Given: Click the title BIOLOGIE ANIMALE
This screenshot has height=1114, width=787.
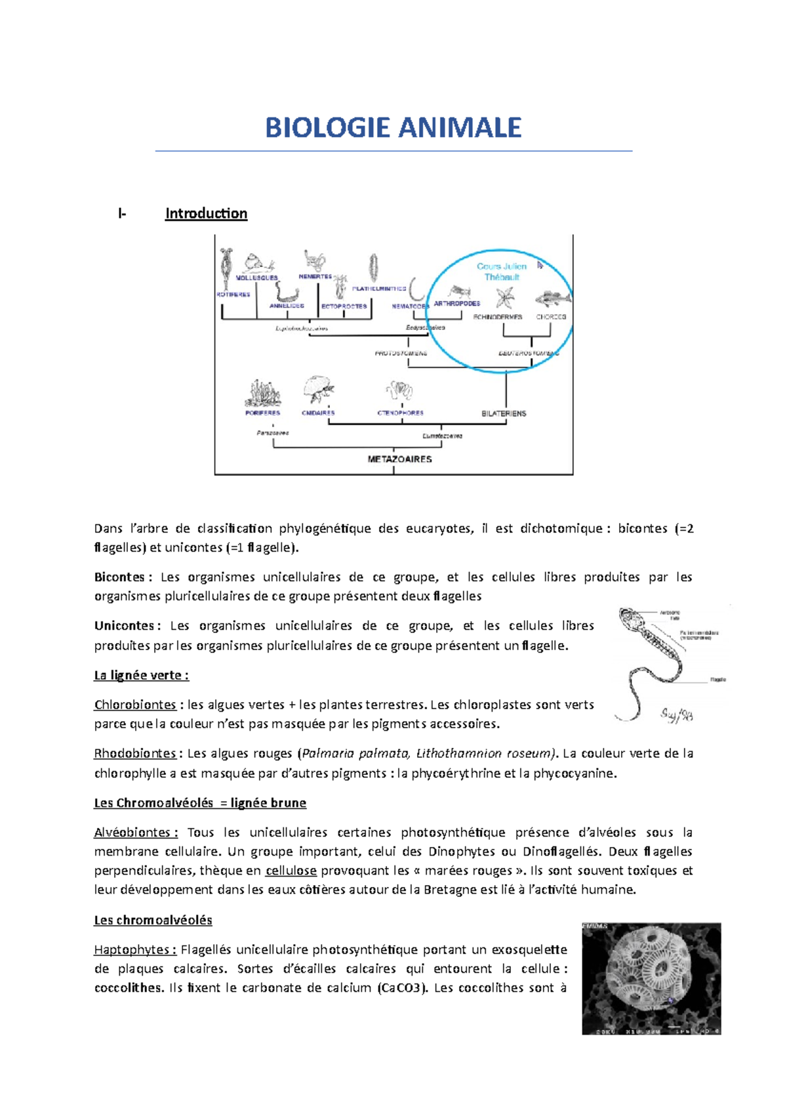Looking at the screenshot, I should click(x=393, y=128).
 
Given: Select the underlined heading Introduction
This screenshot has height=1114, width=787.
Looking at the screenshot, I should click(x=206, y=213).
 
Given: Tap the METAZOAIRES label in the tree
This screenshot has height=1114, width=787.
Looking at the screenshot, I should click(x=399, y=459).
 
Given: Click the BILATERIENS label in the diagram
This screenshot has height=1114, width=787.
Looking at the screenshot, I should click(x=504, y=413).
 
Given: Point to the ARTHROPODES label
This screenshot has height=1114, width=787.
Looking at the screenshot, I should click(x=457, y=304).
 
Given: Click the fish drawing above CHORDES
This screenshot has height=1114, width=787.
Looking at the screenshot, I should click(x=552, y=299).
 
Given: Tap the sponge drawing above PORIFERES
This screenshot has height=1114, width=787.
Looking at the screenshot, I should click(x=262, y=394).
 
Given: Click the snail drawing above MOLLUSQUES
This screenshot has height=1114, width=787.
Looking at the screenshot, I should click(x=256, y=263).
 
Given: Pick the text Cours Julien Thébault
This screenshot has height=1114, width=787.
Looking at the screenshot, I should click(x=502, y=272).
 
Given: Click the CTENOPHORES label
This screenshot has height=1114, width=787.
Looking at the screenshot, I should click(x=400, y=413).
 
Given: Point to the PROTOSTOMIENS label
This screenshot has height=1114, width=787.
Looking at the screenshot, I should click(x=401, y=353).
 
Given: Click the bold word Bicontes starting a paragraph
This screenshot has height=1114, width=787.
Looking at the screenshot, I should click(x=120, y=577).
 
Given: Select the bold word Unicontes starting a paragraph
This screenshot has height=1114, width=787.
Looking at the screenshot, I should click(x=124, y=626).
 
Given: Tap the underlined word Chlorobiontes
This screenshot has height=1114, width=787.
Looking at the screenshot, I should click(x=135, y=705).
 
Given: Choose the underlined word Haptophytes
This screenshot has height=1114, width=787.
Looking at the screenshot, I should click(x=134, y=949).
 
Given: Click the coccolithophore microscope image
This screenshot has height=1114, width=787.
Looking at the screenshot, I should click(x=651, y=978).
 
